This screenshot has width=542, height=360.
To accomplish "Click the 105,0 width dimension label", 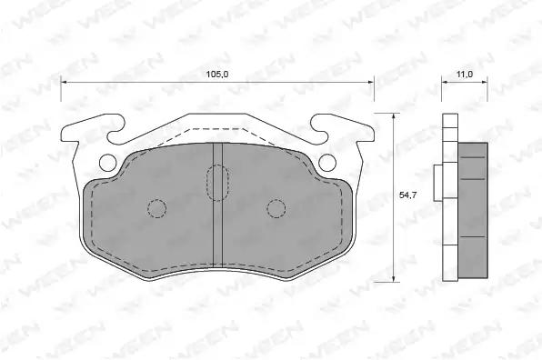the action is tap(217, 74).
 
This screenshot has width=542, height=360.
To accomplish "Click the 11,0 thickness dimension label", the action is tap(464, 74).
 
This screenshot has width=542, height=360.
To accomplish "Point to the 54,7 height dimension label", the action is tap(408, 195).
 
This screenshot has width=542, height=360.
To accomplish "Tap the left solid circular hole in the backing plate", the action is tap(108, 163).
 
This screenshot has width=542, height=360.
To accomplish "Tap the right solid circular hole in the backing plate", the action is tap(327, 163).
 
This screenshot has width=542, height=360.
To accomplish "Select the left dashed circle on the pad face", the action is tap(157, 209).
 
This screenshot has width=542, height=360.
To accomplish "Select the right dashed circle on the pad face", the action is tap(276, 209).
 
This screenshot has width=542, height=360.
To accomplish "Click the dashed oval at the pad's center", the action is tap(217, 183).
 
